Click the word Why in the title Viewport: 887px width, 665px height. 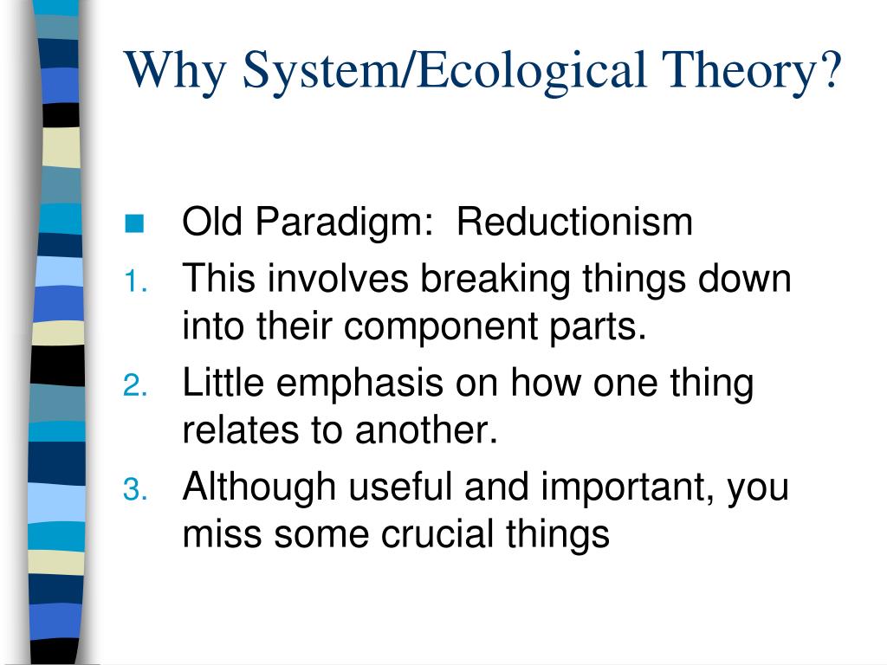[175, 72]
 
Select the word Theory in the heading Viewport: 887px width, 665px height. [739, 72]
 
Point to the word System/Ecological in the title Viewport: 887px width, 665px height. [444, 72]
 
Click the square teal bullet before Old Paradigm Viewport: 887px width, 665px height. [134, 224]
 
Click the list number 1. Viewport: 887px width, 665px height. [135, 281]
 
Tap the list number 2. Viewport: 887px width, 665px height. [135, 385]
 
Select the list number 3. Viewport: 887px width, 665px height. [135, 490]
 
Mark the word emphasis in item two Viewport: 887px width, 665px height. [359, 384]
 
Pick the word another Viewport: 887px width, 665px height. [426, 431]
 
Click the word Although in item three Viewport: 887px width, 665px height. [259, 488]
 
